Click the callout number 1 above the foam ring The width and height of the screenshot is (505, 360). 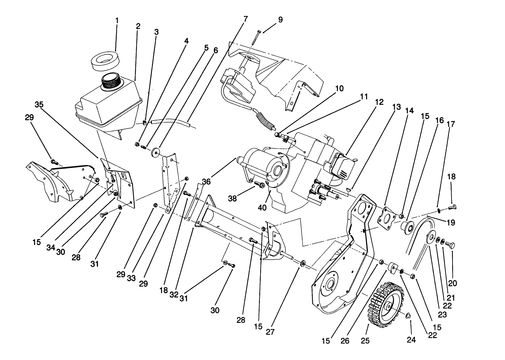(117, 21)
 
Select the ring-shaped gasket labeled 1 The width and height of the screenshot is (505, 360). (105, 62)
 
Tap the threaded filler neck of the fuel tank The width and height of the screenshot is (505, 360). (111, 82)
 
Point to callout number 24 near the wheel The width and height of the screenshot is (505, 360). (412, 340)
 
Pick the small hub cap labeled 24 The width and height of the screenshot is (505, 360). (408, 316)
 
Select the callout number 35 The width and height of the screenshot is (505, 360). (39, 105)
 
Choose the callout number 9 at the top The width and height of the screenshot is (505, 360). (280, 20)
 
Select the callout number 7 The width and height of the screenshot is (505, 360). (245, 19)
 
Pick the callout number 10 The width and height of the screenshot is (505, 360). (339, 88)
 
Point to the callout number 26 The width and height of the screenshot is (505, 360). (345, 340)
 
